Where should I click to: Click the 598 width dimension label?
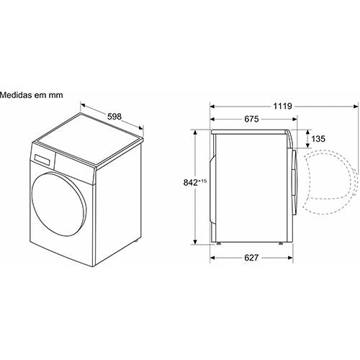[114, 117]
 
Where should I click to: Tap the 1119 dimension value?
[282, 106]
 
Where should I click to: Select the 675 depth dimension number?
[251, 119]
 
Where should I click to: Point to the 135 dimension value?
[318, 139]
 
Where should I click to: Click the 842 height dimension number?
[191, 183]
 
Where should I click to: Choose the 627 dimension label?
[251, 258]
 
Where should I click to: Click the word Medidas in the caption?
[16, 95]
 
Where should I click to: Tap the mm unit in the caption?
[56, 96]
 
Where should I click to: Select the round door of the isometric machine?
[59, 204]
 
